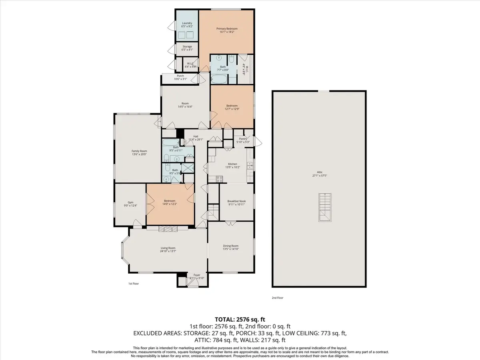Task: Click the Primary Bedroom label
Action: coord(227,29)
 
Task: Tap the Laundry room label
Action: coord(187,23)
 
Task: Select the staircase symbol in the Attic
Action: coord(324,208)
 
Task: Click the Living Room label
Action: coord(168,248)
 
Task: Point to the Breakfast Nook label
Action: coord(236,201)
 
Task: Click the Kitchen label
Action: coord(233,164)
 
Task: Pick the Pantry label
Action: coord(243,139)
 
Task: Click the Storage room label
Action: coord(187,47)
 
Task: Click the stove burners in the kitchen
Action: coord(219,180)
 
